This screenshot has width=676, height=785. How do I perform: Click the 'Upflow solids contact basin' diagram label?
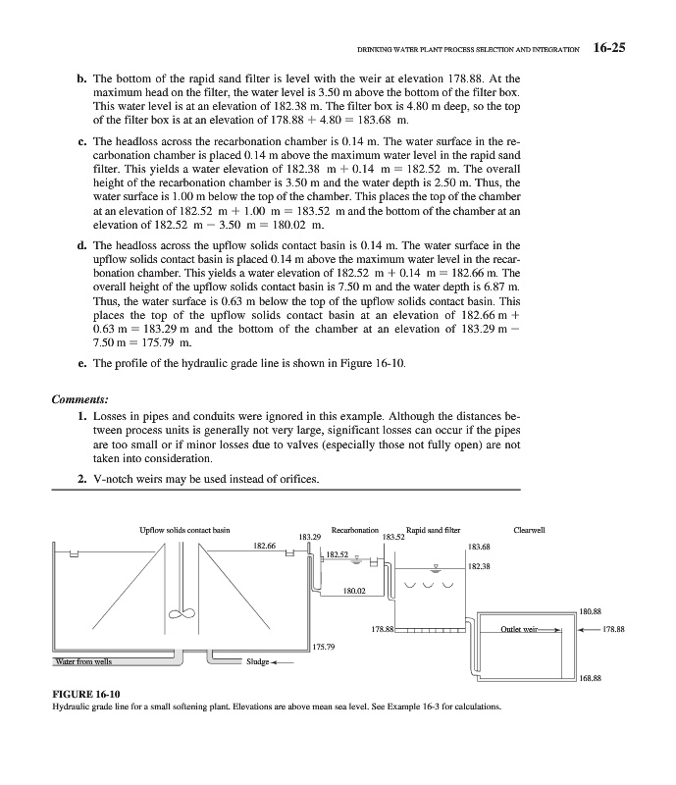(185, 530)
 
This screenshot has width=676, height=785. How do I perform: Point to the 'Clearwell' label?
(543, 530)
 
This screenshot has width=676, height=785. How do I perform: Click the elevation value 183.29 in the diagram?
(310, 537)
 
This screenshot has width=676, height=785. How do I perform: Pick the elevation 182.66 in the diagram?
(266, 546)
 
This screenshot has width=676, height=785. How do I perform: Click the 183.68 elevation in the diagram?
(481, 547)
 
